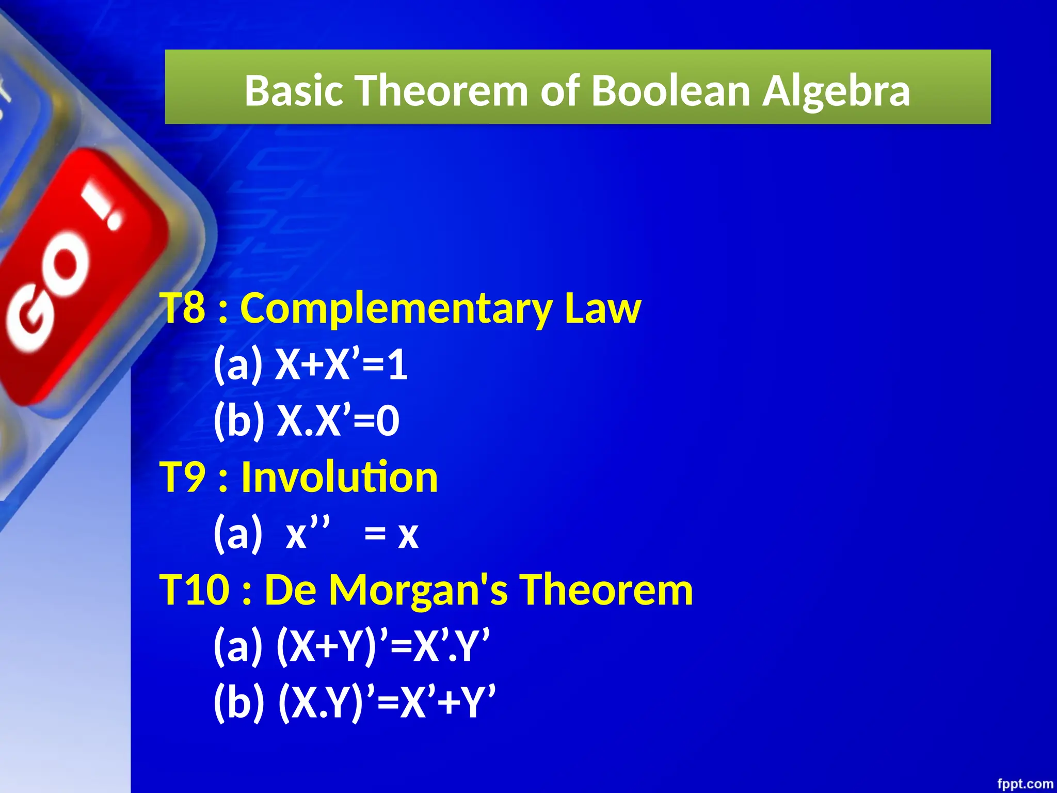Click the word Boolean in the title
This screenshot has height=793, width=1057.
point(671,90)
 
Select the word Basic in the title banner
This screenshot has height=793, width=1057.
point(294,90)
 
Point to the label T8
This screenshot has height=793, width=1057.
point(183,308)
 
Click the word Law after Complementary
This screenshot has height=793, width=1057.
point(602,308)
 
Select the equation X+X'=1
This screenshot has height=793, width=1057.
point(341,364)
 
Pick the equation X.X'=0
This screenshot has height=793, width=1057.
point(338,420)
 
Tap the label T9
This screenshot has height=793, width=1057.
point(183,477)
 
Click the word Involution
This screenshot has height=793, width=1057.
point(339,477)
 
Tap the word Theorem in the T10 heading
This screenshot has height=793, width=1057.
point(606,590)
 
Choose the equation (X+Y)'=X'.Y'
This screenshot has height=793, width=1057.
point(382,645)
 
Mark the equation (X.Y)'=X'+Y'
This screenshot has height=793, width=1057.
point(387,702)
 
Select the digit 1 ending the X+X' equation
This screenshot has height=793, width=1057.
point(398,364)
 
